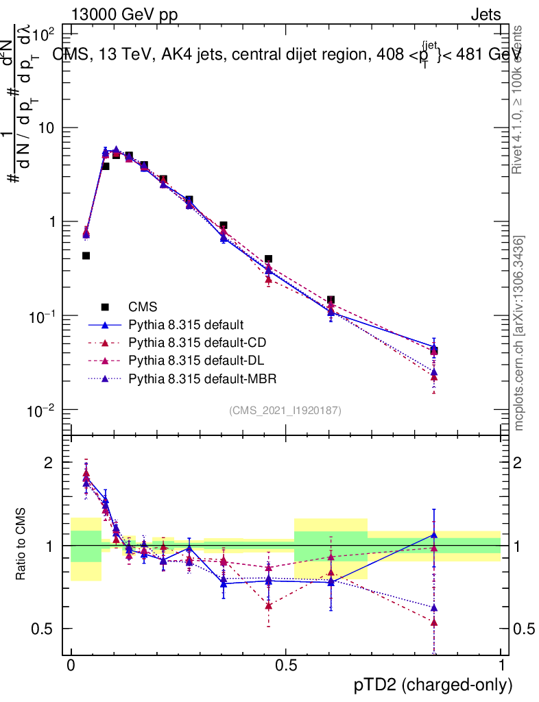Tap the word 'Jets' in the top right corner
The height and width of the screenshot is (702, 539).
(x=486, y=15)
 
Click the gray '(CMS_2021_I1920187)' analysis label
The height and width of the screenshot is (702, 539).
(x=285, y=410)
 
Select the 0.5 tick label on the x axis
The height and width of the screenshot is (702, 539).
(x=285, y=666)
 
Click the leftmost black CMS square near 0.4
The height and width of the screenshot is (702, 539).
(x=86, y=256)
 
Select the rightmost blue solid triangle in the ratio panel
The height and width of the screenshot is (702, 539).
(x=433, y=535)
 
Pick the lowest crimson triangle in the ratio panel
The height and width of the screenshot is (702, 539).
(x=433, y=622)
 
